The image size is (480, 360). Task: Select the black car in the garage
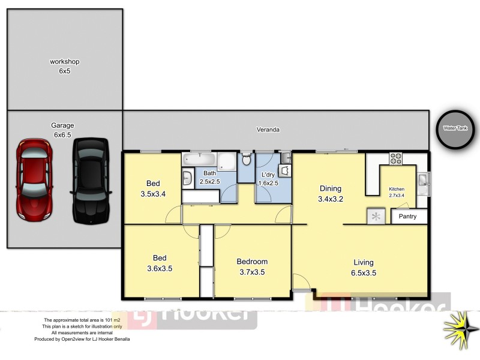click(x=91, y=180)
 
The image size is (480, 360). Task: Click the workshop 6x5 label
click(x=65, y=66)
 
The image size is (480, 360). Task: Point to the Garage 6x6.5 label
click(x=62, y=130)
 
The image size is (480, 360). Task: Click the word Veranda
click(x=268, y=130)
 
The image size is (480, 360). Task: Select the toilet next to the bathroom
click(x=246, y=161)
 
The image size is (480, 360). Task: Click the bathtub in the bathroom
click(x=198, y=160)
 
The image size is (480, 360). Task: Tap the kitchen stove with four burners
click(x=396, y=159)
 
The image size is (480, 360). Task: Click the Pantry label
click(x=408, y=217)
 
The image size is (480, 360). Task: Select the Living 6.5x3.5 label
click(x=364, y=267)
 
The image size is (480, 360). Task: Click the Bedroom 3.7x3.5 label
click(x=252, y=266)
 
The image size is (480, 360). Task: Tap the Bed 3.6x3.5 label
click(x=160, y=263)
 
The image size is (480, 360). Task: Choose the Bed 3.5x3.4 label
click(x=154, y=189)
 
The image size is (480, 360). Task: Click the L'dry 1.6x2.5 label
click(x=268, y=178)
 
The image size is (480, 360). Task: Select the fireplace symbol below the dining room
click(x=376, y=216)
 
